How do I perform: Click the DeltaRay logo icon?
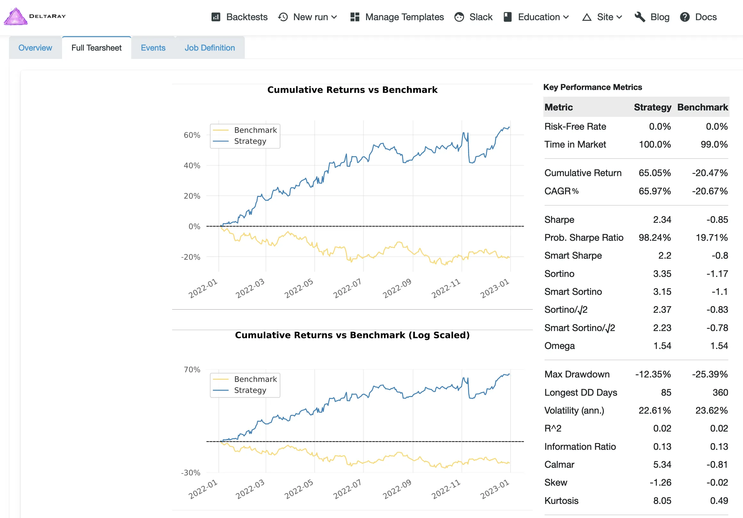[15, 17]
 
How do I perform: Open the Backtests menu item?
[240, 17]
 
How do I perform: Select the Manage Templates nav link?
[397, 17]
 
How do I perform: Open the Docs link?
[699, 17]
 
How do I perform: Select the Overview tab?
[35, 48]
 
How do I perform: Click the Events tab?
[153, 48]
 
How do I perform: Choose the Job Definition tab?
[210, 48]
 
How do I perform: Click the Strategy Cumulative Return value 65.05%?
[654, 173]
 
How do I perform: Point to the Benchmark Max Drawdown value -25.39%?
[710, 374]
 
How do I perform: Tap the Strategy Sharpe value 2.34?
[662, 220]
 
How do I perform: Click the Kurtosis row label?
[561, 500]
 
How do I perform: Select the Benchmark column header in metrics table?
[703, 107]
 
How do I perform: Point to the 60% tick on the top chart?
[192, 135]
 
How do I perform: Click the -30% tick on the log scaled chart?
[191, 473]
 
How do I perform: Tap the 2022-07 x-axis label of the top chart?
[347, 288]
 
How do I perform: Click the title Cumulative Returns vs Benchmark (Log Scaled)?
[352, 335]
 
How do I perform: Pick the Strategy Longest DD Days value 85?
[666, 393]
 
